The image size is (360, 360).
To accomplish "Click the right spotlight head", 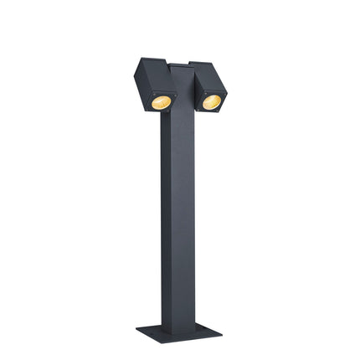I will point(209,87).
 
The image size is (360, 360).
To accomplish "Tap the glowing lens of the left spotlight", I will point(161,101).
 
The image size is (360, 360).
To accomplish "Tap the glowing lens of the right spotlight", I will point(211,101).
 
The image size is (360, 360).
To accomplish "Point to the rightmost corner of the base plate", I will point(222,332).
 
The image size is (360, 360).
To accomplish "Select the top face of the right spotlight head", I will point(208,68).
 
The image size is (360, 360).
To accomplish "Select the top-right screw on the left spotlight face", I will point(172,93).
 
